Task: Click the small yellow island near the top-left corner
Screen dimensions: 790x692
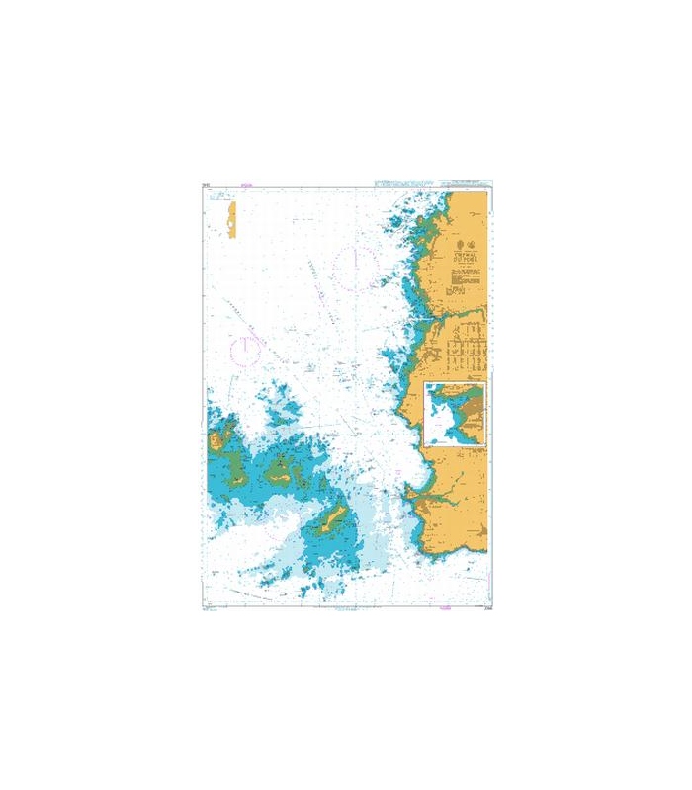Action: coord(232,219)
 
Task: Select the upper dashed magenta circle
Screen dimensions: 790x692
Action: coord(354,266)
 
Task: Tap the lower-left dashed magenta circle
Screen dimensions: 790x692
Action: coord(244,349)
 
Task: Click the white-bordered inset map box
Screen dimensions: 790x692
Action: coord(455,414)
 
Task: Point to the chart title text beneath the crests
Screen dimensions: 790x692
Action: coord(463,258)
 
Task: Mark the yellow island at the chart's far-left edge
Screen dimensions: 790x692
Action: coord(214,440)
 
